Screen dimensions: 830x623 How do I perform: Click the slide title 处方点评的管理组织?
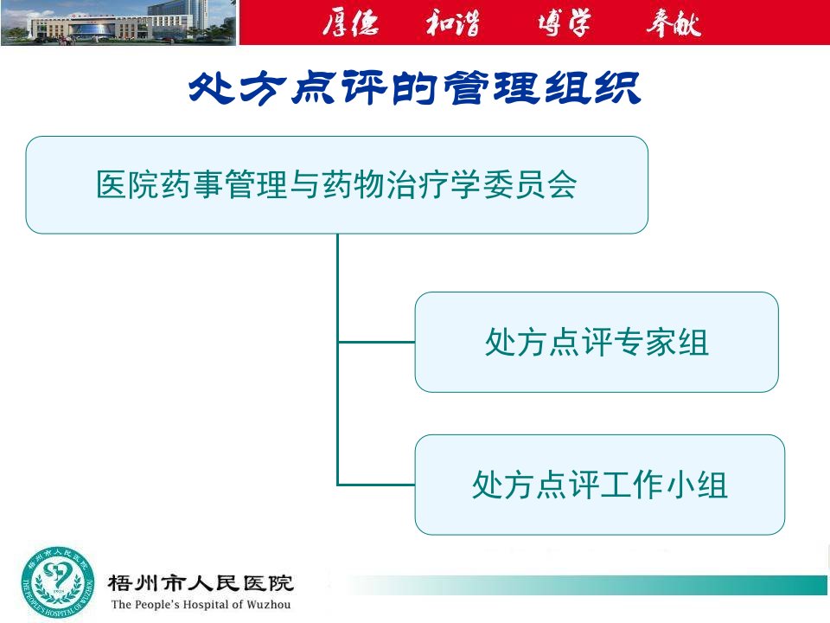tap(414, 88)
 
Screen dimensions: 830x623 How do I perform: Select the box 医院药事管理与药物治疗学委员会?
tap(336, 185)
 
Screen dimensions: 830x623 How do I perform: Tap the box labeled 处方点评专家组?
tap(597, 343)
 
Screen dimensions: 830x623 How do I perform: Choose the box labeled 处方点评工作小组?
tap(600, 485)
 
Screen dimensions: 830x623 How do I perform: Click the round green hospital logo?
tap(58, 583)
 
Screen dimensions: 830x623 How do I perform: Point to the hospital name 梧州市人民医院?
tap(201, 583)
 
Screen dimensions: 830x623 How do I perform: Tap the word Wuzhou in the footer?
tap(268, 605)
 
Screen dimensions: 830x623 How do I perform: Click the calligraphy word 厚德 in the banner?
tap(350, 22)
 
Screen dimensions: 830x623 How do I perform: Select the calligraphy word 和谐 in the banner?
tap(453, 22)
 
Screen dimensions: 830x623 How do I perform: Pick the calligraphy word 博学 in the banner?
tap(565, 22)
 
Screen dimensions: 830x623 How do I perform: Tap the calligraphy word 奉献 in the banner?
tap(674, 22)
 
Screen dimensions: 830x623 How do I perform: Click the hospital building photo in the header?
tap(118, 22)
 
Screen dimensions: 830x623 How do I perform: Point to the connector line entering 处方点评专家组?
tap(376, 343)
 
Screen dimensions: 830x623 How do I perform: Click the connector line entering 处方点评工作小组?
tap(376, 485)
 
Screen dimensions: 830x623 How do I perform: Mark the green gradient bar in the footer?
tap(588, 585)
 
